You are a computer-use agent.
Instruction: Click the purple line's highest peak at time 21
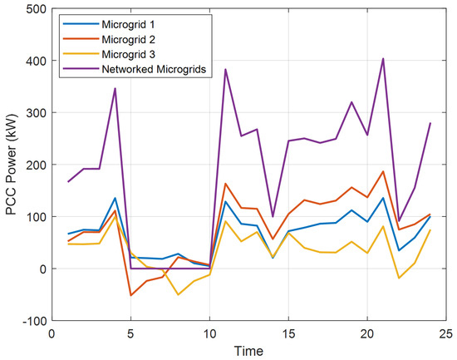(382, 59)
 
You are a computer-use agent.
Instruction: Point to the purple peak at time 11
(225, 69)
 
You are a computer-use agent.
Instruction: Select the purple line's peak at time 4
(115, 88)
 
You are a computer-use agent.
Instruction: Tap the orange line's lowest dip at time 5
(130, 295)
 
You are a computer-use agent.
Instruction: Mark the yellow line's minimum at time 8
(178, 294)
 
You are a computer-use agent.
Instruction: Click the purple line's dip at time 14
(273, 217)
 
